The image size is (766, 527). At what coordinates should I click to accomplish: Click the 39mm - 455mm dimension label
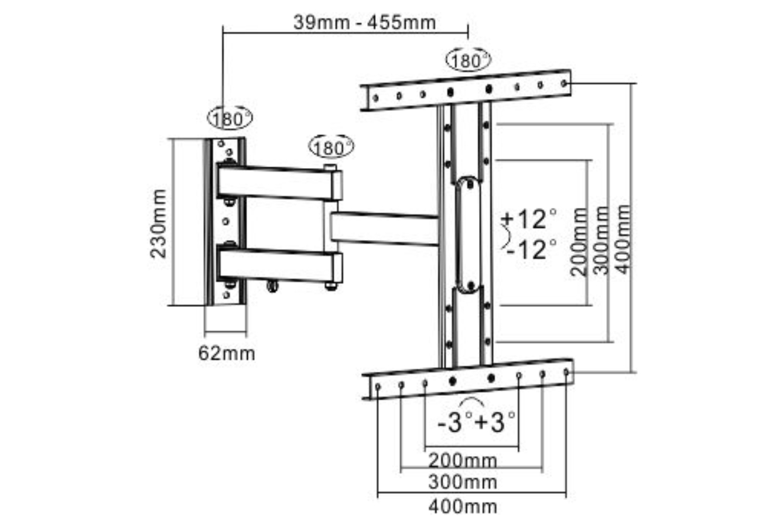point(364,23)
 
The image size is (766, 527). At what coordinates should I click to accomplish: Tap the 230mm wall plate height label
point(158,224)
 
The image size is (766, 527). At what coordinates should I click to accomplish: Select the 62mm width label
point(227,353)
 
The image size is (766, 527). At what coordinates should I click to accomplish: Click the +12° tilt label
point(529,219)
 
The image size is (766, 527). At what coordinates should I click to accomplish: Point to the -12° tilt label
point(531,249)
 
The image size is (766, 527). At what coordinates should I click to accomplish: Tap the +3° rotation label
point(494,422)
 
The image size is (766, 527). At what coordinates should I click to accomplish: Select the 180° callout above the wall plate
point(230,118)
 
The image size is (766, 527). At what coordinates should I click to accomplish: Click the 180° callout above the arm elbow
point(331,147)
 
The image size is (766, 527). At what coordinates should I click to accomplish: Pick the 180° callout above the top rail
point(468,60)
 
